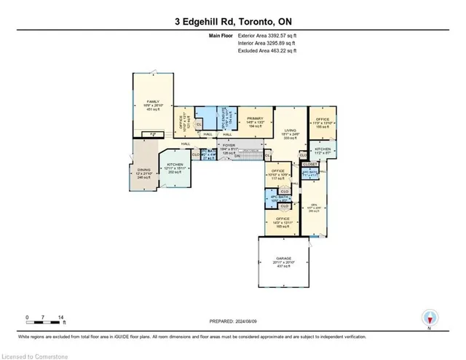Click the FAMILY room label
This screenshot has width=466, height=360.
coord(153,101)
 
